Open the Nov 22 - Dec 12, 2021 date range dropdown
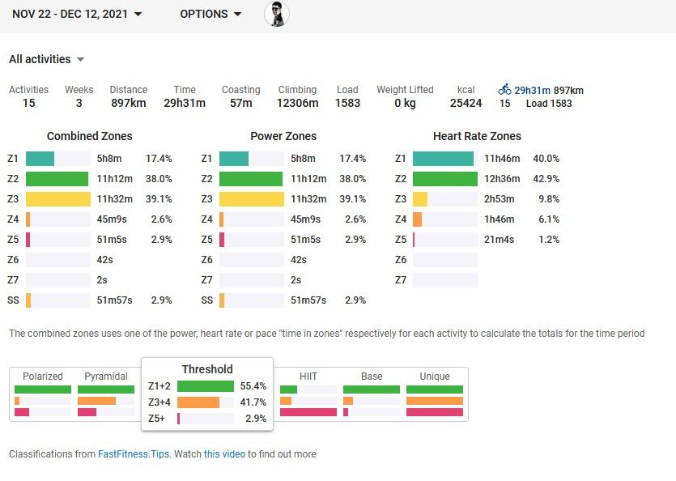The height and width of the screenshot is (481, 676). click(x=77, y=14)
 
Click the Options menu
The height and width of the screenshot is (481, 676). click(x=210, y=14)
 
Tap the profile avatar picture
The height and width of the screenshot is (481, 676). click(x=277, y=14)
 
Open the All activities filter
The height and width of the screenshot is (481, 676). click(x=47, y=59)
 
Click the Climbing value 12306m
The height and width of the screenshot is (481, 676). click(x=297, y=103)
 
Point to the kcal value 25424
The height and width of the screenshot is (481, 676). click(x=466, y=103)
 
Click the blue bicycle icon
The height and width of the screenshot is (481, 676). click(x=504, y=90)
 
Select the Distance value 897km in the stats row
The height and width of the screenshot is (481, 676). click(x=129, y=103)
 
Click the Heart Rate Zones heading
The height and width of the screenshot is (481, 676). click(x=477, y=136)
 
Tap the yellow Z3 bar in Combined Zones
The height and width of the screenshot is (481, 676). click(x=57, y=199)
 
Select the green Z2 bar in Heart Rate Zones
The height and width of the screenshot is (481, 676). click(x=444, y=179)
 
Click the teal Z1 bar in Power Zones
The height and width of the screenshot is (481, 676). click(x=234, y=159)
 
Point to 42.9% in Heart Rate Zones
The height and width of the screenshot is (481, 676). click(x=545, y=179)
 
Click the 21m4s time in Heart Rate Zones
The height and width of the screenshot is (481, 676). click(x=500, y=240)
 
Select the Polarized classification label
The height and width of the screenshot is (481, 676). click(x=43, y=377)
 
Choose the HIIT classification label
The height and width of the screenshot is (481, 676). click(x=308, y=377)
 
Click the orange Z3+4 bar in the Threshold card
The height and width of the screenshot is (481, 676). click(x=198, y=402)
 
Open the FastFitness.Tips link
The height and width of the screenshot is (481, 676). click(x=134, y=454)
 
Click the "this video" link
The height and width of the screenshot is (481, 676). click(x=224, y=454)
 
